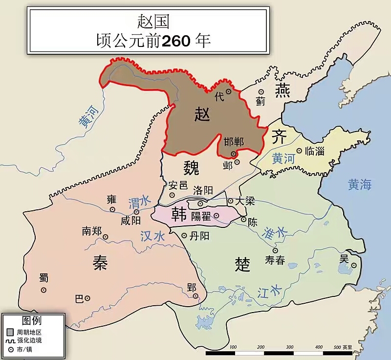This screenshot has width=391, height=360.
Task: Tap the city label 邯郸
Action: pyautogui.click(x=233, y=142)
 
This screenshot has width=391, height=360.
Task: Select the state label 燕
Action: pyautogui.click(x=282, y=90)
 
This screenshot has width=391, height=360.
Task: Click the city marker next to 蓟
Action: pyautogui.click(x=261, y=91)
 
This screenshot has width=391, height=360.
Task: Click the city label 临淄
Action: pyautogui.click(x=314, y=151)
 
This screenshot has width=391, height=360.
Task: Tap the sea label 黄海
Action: pyautogui.click(x=360, y=184)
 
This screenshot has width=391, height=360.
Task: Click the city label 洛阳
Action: pyautogui.click(x=204, y=190)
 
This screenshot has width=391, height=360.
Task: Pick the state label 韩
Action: pyautogui.click(x=179, y=215)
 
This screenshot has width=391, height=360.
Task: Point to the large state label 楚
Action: pyautogui.click(x=242, y=264)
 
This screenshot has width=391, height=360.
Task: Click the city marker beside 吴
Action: pyautogui.click(x=353, y=266)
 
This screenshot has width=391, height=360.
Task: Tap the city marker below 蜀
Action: pyautogui.click(x=43, y=290)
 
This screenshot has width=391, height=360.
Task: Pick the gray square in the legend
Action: pyautogui.click(x=10, y=332)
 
